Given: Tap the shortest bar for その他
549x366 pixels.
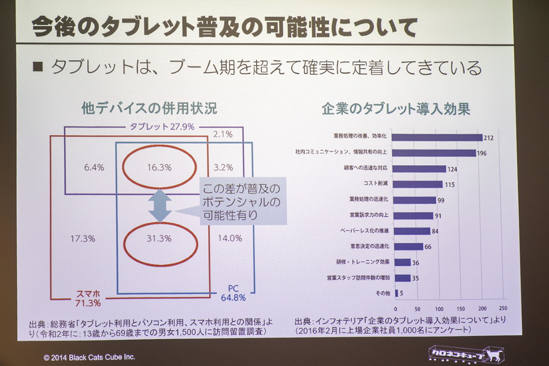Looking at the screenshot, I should tap(396, 293).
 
